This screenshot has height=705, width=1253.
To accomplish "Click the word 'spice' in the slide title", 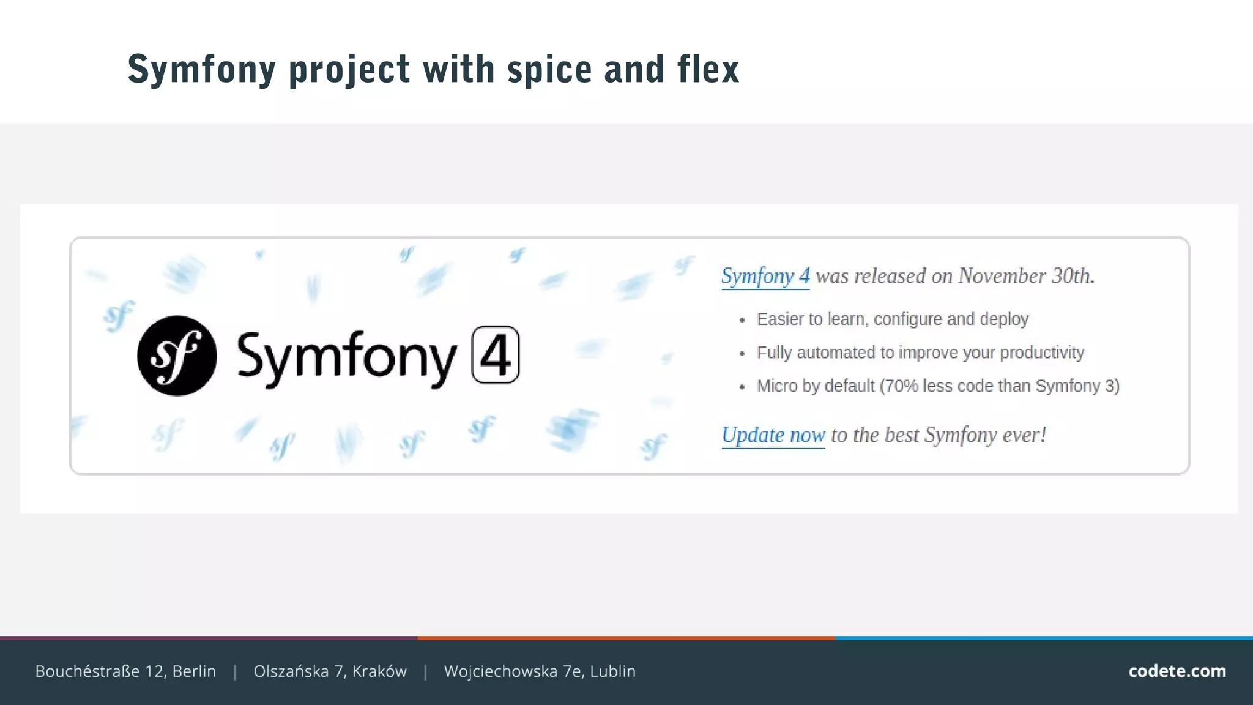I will click(549, 69).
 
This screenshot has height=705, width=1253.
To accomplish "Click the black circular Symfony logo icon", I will click(177, 356).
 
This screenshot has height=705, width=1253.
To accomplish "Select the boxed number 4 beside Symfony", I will click(495, 355).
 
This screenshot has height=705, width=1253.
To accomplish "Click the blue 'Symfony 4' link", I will click(765, 276).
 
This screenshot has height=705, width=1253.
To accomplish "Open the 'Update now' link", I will click(773, 435).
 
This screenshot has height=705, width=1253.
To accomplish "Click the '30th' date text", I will click(1073, 276).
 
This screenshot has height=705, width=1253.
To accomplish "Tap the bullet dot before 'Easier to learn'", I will click(742, 320).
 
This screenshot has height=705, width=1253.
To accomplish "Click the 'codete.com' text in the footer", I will click(1177, 671).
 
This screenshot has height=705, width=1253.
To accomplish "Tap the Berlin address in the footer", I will click(125, 671).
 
